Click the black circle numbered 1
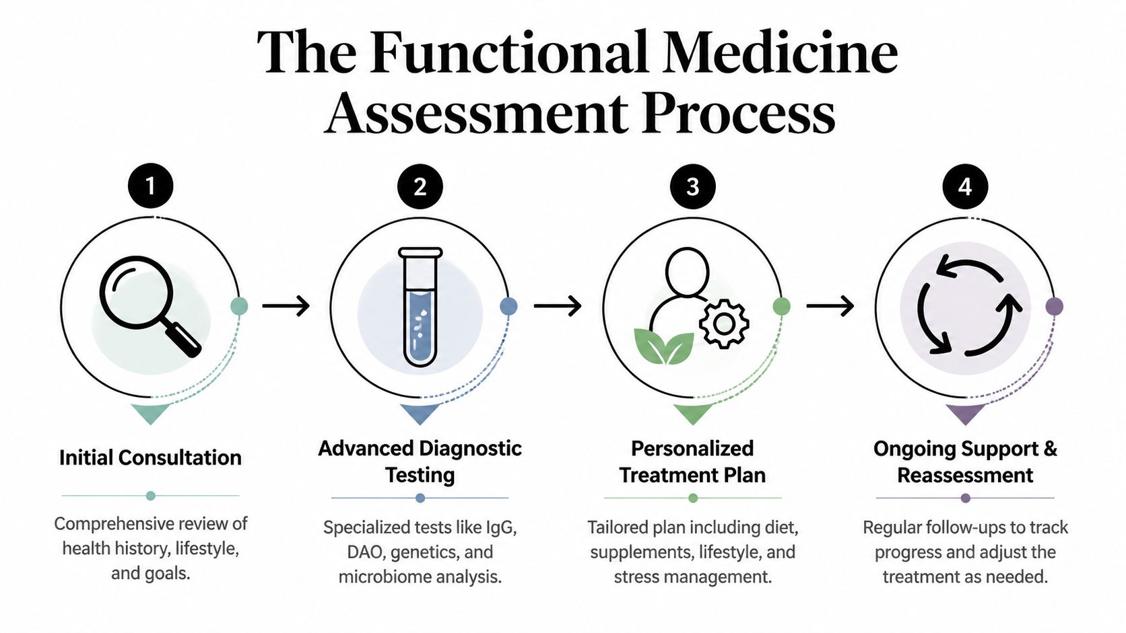tap(150, 186)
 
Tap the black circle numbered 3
tap(692, 186)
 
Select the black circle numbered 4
tap(964, 186)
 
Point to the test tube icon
tap(420, 307)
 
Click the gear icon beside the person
tap(724, 324)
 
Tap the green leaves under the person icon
tap(664, 346)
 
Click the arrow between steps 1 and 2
tap(286, 306)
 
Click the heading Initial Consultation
tap(150, 457)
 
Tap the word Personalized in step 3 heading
tap(692, 448)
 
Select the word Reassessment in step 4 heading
tap(964, 475)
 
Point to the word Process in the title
tap(738, 113)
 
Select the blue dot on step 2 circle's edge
tap(508, 307)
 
